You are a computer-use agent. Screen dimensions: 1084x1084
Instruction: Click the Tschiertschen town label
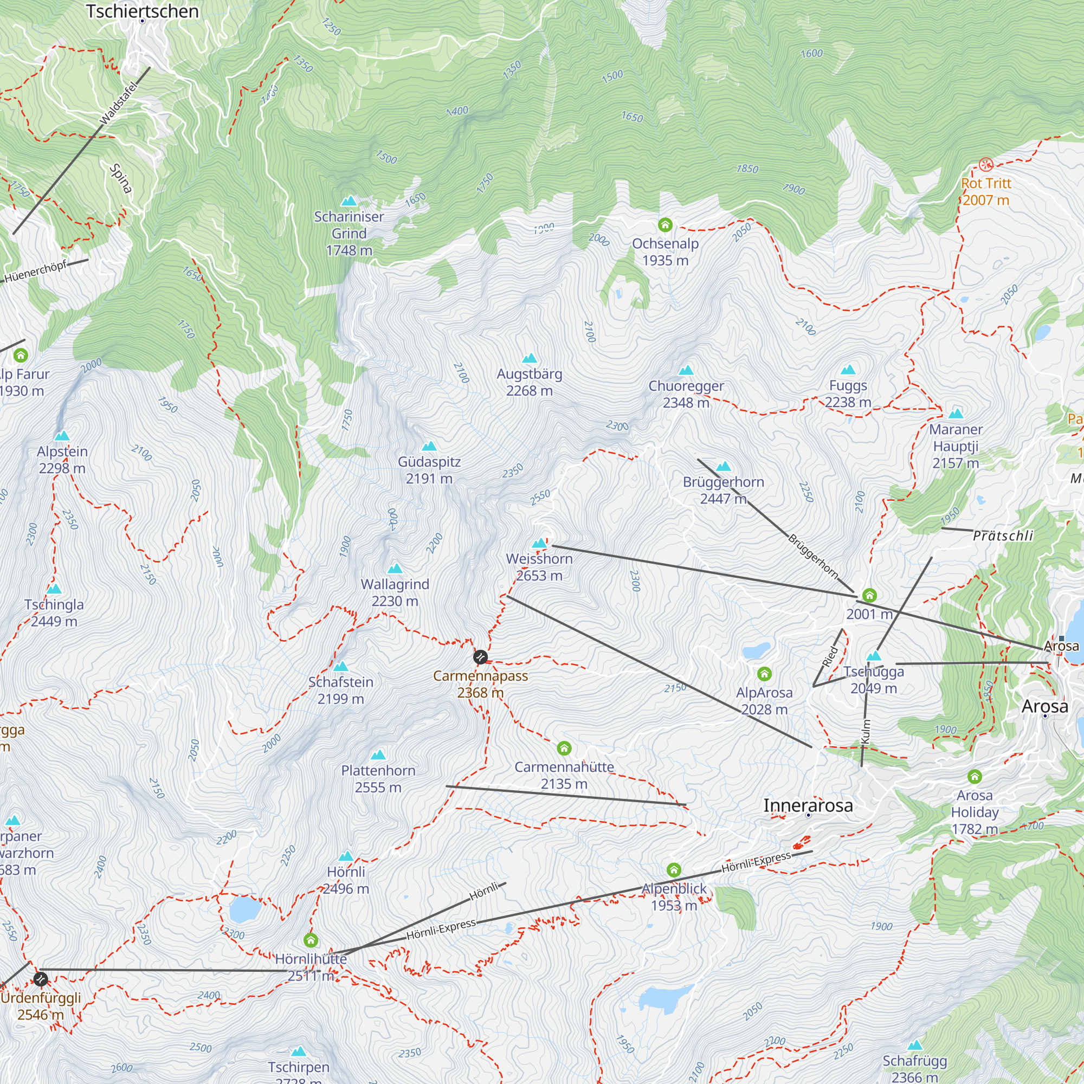(x=142, y=11)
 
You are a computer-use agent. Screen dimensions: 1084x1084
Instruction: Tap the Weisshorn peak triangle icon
(x=539, y=543)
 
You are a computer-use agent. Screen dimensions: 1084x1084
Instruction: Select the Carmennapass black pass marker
(x=480, y=657)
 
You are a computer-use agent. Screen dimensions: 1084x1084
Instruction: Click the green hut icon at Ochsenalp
(x=665, y=225)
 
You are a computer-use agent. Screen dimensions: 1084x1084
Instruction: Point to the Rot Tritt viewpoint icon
(x=986, y=164)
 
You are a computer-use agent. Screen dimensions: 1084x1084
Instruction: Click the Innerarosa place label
(x=808, y=805)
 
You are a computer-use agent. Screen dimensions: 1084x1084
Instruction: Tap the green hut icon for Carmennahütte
(x=564, y=749)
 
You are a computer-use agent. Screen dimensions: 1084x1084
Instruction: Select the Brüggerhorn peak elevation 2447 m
(x=723, y=498)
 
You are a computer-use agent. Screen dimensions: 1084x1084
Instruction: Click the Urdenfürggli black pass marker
(x=41, y=979)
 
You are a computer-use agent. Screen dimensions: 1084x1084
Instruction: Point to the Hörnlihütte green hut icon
(x=310, y=940)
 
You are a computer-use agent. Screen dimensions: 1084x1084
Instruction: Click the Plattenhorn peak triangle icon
(x=378, y=754)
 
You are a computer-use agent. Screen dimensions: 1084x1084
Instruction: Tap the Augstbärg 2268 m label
(x=529, y=382)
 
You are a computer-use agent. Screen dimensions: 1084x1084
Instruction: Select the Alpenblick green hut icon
(x=674, y=870)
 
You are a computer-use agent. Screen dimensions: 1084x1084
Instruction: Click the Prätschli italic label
(x=1003, y=536)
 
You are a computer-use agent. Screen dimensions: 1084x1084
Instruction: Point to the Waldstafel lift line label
(x=118, y=103)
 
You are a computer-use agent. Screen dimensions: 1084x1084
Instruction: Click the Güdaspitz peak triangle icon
(x=429, y=446)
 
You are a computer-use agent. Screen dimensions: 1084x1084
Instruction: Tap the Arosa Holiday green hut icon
(x=975, y=777)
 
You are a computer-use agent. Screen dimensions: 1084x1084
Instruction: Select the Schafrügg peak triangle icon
(x=915, y=1046)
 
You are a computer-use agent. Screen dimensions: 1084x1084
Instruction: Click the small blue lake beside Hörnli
(x=244, y=909)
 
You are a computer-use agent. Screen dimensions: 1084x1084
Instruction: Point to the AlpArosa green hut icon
(x=764, y=674)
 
